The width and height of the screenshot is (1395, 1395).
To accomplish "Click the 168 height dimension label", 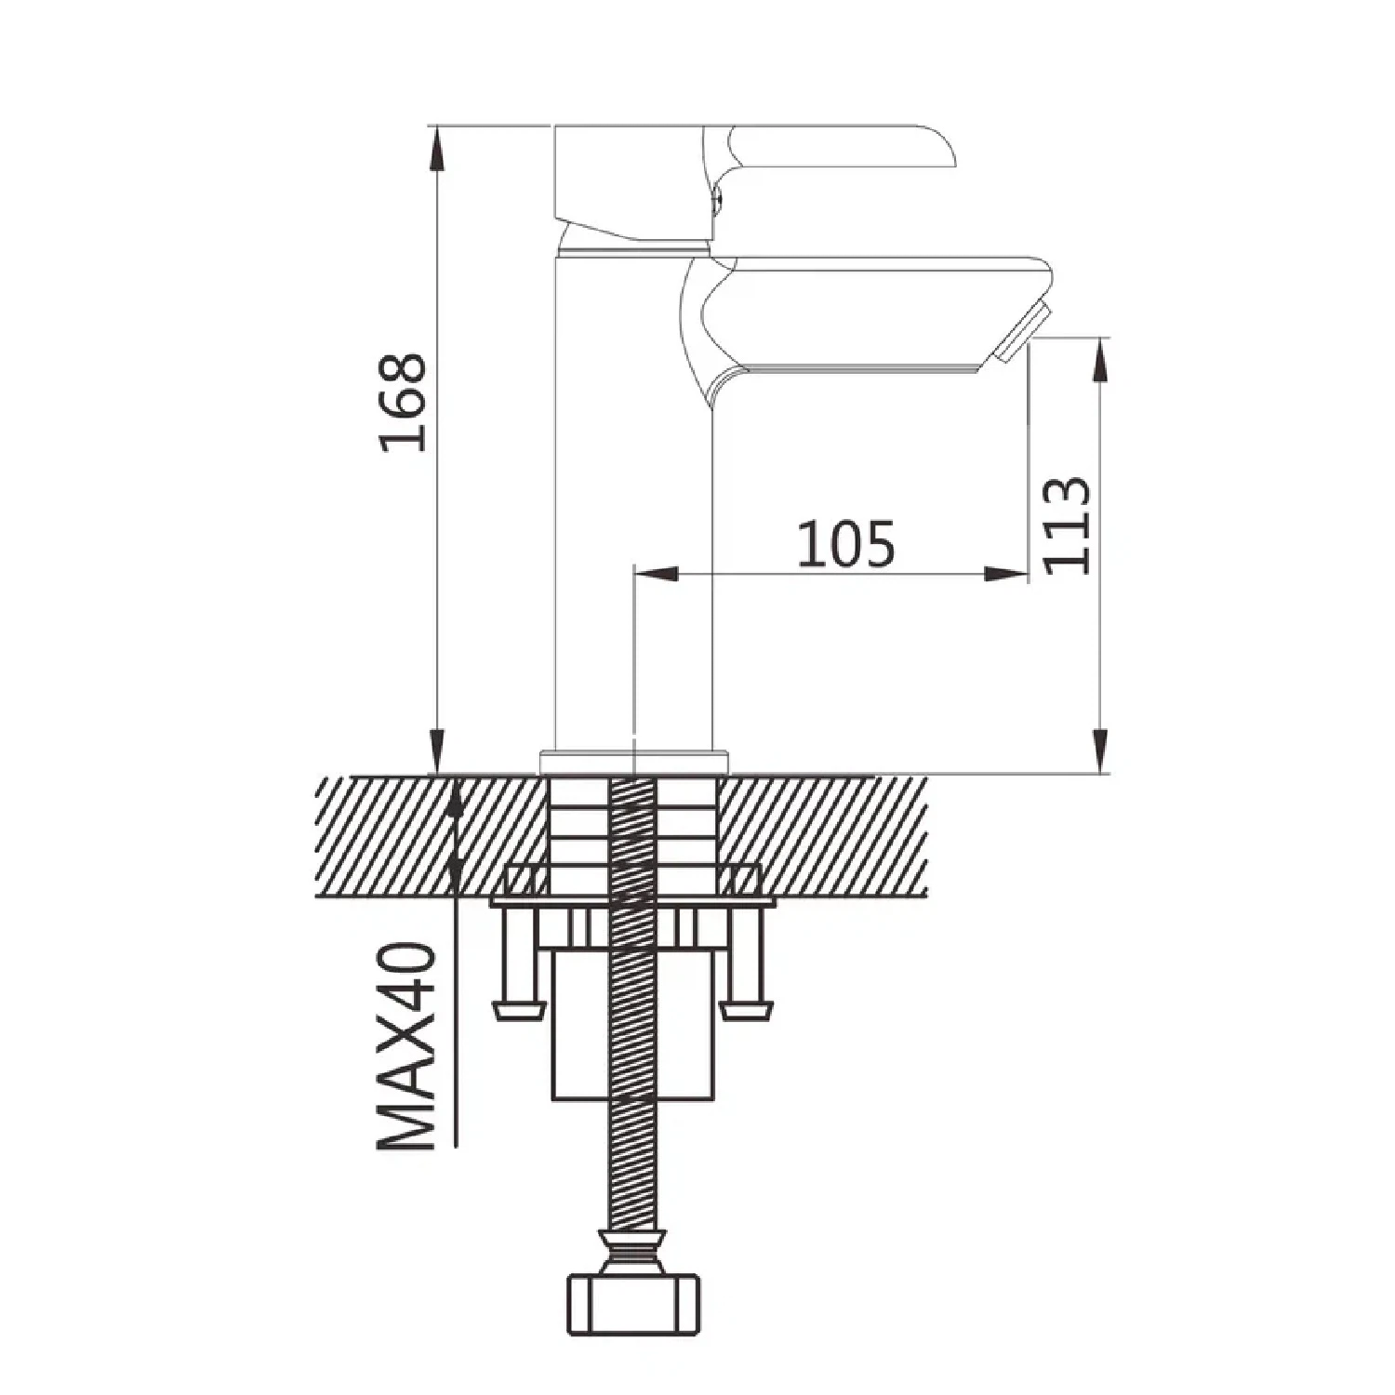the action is (403, 403).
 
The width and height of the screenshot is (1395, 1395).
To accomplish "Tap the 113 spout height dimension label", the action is (1067, 525).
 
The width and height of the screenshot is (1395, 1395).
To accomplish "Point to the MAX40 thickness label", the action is (406, 1047).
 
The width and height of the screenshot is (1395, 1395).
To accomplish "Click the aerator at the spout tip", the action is (1022, 332).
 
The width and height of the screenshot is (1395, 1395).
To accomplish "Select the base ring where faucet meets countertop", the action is (633, 762).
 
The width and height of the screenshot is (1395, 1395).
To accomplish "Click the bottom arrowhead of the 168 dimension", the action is (436, 751).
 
